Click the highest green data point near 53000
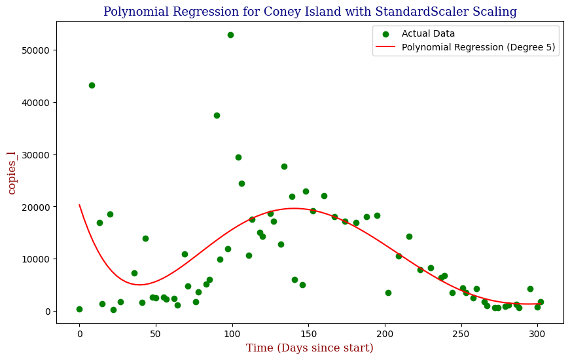point(230,35)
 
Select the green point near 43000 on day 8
point(92,85)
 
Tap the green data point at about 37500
point(217,115)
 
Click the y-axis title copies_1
point(12,172)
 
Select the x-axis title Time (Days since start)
point(310,348)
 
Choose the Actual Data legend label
point(428,33)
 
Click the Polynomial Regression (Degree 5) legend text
point(479,47)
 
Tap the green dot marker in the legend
point(386,33)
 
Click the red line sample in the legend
point(386,47)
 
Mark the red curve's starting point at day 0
point(79,205)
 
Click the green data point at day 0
point(79,309)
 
